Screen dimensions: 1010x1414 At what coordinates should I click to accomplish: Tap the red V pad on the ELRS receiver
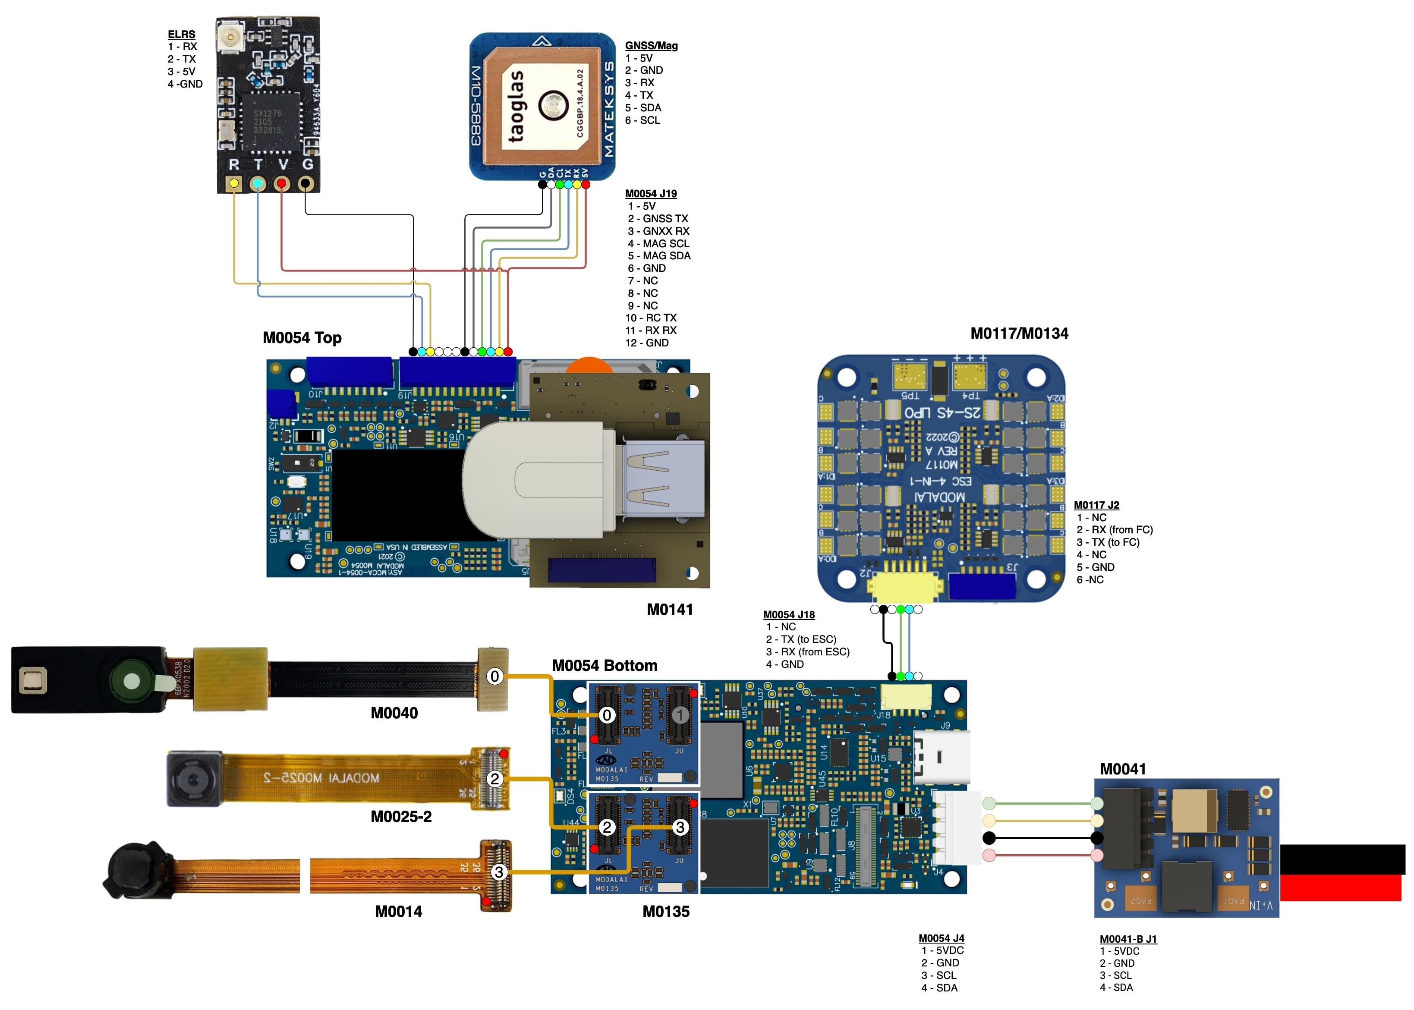[x=282, y=183]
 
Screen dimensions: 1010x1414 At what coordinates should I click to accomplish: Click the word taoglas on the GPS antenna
[x=516, y=106]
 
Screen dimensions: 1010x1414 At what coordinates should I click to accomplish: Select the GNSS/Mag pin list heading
[x=651, y=45]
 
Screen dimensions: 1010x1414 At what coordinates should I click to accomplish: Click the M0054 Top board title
[x=302, y=338]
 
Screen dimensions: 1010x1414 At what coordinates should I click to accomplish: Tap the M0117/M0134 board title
[x=1019, y=334]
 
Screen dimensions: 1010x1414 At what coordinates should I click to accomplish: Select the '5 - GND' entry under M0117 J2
[x=1096, y=567]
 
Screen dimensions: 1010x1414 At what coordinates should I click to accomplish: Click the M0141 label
[x=670, y=610]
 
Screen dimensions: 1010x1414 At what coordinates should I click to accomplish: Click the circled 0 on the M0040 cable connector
[x=494, y=676]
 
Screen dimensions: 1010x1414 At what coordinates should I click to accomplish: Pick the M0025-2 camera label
[x=401, y=817]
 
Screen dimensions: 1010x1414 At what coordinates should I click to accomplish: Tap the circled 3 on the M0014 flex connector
[x=498, y=872]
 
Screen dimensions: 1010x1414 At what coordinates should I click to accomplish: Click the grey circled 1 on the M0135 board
[x=680, y=715]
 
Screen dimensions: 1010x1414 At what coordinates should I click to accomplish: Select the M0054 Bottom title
[x=605, y=665]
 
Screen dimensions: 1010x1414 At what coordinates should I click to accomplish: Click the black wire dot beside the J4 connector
[x=989, y=838]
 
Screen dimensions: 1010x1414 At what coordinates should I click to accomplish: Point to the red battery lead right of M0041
[x=1340, y=888]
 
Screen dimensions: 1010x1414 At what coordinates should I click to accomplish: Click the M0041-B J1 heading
[x=1128, y=939]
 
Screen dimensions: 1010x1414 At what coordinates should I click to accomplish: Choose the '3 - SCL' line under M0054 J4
[x=939, y=975]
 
